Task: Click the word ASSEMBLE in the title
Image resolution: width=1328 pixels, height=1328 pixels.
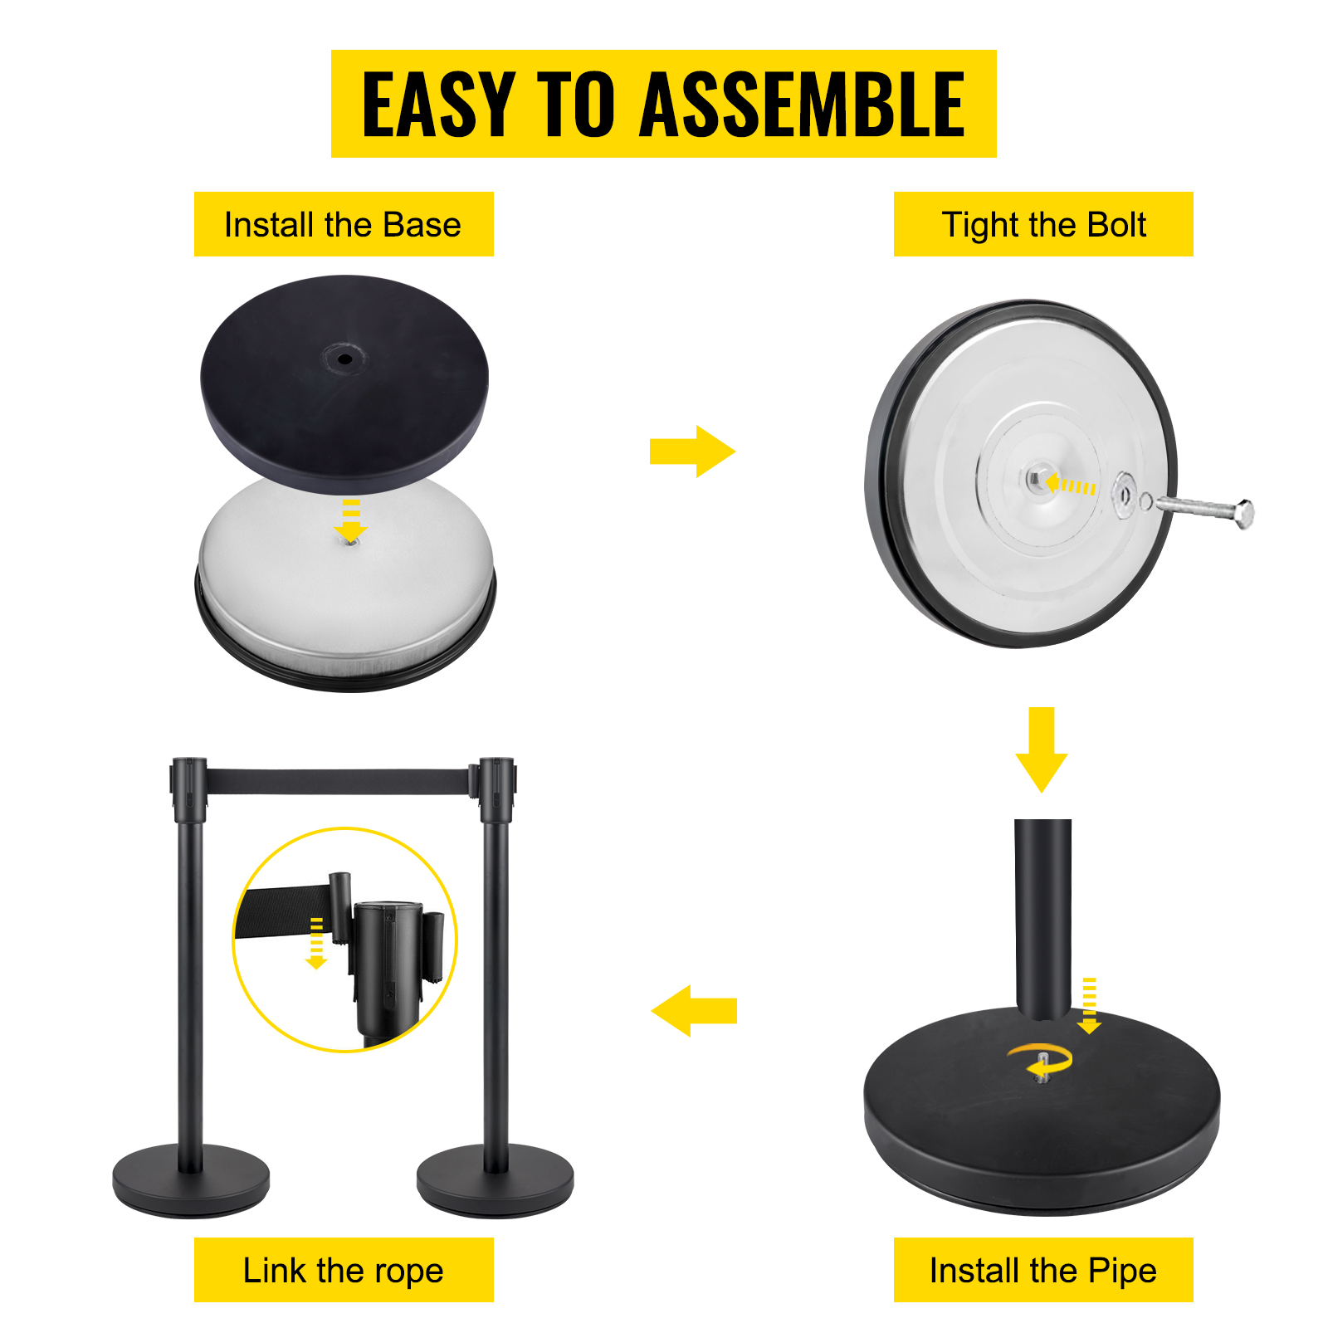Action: [803, 104]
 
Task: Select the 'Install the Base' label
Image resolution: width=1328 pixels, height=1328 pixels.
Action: [343, 224]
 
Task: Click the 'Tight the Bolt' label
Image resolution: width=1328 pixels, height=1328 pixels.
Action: [1043, 224]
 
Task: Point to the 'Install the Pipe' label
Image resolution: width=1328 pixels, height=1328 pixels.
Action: [1043, 1270]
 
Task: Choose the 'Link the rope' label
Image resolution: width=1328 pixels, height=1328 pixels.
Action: [344, 1270]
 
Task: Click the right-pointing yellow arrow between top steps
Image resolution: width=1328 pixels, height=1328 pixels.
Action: [692, 452]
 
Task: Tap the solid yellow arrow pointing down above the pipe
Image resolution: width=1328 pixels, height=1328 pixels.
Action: [1042, 749]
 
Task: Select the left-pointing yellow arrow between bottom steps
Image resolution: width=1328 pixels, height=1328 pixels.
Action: [694, 1011]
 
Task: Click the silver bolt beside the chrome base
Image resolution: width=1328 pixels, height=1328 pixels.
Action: [1204, 509]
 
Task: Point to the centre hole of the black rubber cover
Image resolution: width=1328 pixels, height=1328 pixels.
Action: [344, 359]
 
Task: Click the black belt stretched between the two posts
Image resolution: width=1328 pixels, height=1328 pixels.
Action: [337, 782]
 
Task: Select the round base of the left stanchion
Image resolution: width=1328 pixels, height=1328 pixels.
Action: [191, 1180]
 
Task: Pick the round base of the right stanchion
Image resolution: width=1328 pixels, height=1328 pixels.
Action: [495, 1180]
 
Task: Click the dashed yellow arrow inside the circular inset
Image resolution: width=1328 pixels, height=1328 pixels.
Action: [316, 943]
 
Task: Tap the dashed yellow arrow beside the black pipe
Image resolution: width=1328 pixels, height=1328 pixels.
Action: [1089, 1005]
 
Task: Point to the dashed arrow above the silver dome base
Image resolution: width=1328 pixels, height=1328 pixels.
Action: [351, 520]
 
